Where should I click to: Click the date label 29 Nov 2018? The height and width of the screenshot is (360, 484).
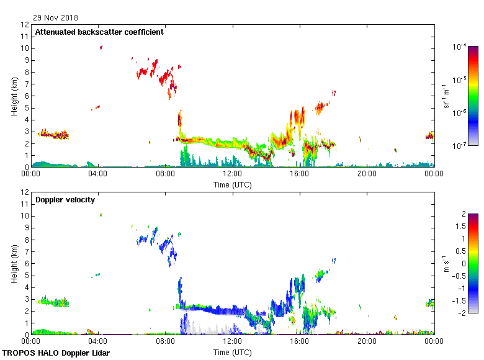click(x=56, y=17)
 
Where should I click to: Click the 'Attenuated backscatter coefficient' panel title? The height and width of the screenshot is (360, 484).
click(x=99, y=32)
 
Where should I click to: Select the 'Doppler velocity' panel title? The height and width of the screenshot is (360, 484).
click(x=64, y=200)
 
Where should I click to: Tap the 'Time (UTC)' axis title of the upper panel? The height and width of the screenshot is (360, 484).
click(x=233, y=184)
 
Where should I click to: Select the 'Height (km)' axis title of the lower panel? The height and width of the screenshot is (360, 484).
click(x=14, y=263)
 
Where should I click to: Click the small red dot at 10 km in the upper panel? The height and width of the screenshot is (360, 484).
click(x=101, y=47)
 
